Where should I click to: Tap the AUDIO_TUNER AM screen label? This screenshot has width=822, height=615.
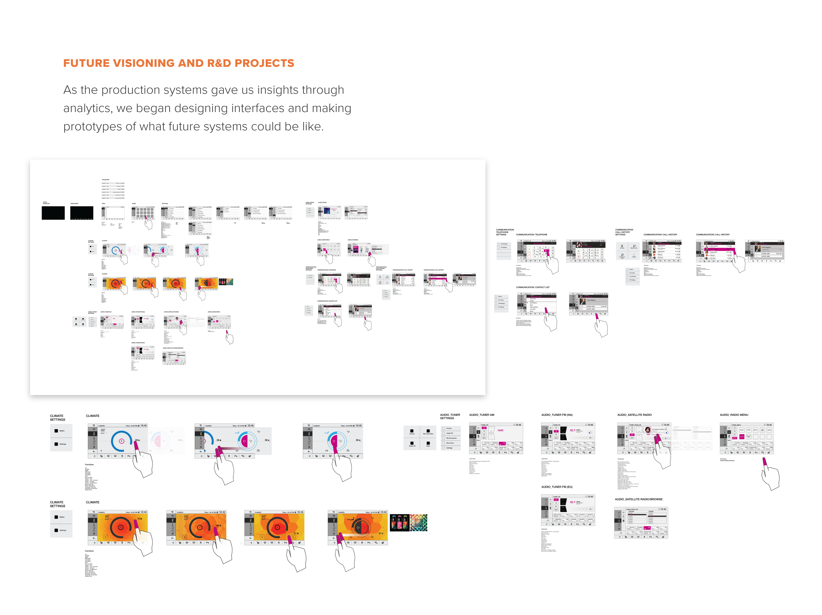click(x=482, y=415)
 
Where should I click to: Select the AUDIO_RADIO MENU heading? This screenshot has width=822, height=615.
click(x=734, y=415)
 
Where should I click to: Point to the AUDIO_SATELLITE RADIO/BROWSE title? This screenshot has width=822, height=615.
click(x=638, y=499)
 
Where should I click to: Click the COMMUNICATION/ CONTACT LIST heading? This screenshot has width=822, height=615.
click(x=532, y=287)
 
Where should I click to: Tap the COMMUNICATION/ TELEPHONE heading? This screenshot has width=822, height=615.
click(x=531, y=234)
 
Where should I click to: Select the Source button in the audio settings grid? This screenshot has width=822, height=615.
click(x=412, y=432)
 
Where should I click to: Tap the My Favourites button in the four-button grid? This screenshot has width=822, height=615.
click(x=428, y=432)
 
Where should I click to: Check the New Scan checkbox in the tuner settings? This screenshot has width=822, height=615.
click(x=444, y=443)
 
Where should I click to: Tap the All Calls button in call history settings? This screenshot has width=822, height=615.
click(x=622, y=246)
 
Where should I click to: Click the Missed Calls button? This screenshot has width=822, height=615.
click(x=634, y=246)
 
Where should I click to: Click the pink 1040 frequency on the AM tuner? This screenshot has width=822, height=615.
click(x=500, y=430)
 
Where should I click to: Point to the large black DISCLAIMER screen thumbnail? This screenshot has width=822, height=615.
click(x=82, y=213)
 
